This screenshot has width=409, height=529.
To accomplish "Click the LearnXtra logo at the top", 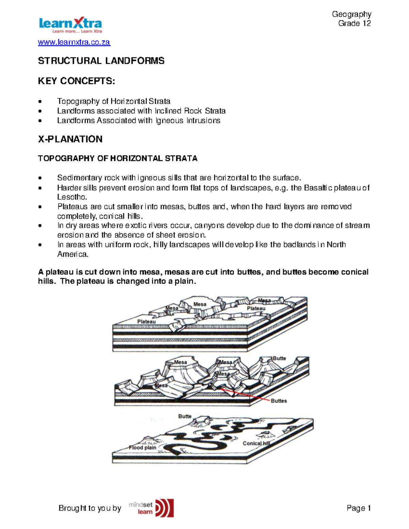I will [70, 25].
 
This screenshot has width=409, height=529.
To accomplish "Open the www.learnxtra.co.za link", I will [74, 42].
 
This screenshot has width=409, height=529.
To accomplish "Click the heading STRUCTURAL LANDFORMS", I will [101, 61].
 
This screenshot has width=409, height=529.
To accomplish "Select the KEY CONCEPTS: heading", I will [76, 81].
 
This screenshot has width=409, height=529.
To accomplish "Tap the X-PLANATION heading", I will [70, 139].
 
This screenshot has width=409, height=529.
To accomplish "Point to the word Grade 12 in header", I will [354, 24].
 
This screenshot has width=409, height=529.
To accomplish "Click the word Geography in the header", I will [351, 14].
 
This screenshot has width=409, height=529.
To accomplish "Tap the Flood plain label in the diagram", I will [142, 448].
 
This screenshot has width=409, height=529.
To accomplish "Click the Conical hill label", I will [256, 443].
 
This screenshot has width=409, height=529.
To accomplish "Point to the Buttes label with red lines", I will [279, 401].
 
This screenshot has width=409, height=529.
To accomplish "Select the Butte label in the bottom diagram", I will [185, 416].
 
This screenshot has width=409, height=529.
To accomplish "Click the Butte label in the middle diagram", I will [279, 358].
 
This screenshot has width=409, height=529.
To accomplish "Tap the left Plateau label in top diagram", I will [146, 322].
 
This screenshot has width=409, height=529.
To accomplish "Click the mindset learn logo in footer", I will [152, 508].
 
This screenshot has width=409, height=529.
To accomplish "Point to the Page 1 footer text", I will [359, 508].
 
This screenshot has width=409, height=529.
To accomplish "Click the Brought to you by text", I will [90, 508].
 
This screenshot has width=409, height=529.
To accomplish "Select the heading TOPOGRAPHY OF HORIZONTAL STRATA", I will [118, 158].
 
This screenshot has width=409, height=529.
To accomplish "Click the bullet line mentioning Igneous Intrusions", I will [138, 121].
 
